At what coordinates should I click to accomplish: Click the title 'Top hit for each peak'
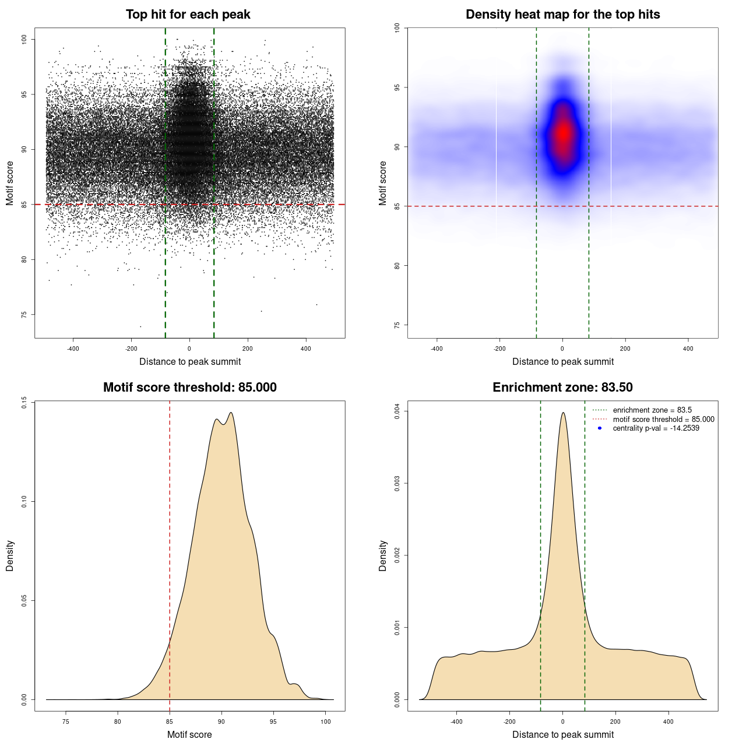coord(188,15)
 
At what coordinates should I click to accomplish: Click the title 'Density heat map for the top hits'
coord(562,15)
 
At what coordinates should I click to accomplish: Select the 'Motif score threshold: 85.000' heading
coord(189,388)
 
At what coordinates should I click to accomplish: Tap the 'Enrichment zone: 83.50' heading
coord(562,388)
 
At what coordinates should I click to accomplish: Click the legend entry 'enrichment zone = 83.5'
coord(652,410)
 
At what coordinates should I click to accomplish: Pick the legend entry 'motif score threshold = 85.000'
coord(663,420)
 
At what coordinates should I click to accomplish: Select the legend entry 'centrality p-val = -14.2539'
coord(656,428)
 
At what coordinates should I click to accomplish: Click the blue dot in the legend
coord(600,428)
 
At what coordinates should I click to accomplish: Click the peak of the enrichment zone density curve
coord(563,413)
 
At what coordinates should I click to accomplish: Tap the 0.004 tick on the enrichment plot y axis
coord(397,411)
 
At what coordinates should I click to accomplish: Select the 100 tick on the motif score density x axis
coord(325,722)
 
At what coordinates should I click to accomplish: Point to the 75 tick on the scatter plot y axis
coord(24,315)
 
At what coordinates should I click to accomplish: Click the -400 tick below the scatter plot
coord(73,349)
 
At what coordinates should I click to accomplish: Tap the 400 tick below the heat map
coord(688,349)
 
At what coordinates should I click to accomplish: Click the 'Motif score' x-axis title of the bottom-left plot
coord(189,734)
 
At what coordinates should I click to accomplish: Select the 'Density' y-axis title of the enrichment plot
coord(383,555)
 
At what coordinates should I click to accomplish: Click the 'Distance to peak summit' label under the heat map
coord(563,361)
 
